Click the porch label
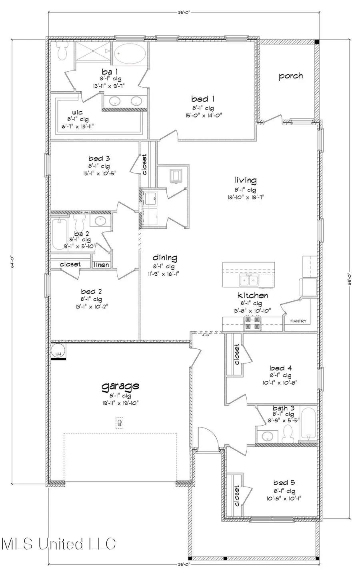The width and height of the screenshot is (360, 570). (290, 76)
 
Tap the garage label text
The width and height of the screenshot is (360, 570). (120, 386)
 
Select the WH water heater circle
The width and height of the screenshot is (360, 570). (58, 351)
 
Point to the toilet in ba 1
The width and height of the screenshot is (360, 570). (62, 52)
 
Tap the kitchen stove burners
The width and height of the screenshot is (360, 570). (253, 322)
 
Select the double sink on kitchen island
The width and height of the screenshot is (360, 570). (248, 281)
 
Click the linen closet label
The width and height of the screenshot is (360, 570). (101, 265)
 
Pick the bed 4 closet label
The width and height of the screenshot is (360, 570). (236, 354)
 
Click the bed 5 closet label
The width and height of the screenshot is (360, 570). (236, 496)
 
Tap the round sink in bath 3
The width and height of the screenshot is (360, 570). (267, 436)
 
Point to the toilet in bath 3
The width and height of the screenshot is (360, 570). (288, 434)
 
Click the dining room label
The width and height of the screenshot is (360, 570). (164, 258)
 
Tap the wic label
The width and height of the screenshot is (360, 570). (77, 112)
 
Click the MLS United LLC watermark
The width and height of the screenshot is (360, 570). (59, 544)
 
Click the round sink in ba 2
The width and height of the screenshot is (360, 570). (99, 221)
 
